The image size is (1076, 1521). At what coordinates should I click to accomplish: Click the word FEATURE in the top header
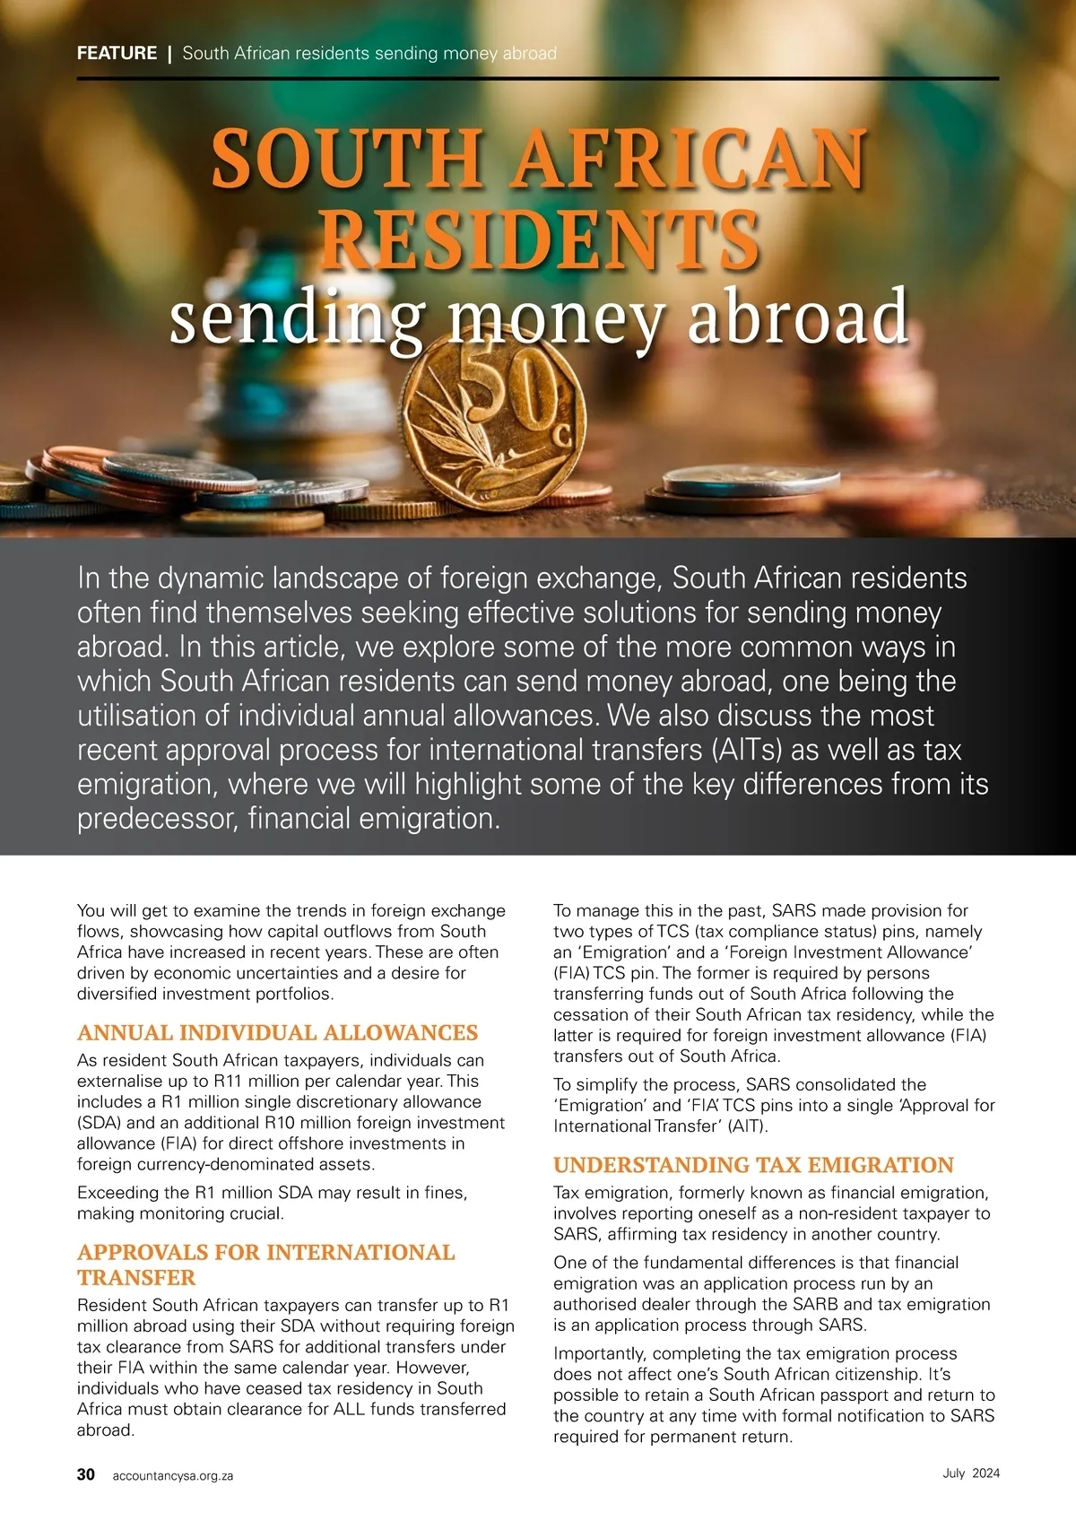pos(117,53)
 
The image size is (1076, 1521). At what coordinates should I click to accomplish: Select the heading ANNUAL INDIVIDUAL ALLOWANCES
pos(277,1033)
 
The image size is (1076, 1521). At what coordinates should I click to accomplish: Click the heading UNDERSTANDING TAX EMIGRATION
pos(753,1165)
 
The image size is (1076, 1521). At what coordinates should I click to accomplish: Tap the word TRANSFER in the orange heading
pos(136,1277)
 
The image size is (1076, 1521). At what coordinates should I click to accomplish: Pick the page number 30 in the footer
pos(86,1474)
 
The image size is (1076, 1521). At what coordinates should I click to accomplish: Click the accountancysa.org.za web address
pos(173,1475)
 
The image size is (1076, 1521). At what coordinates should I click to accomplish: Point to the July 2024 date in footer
pos(971,1473)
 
